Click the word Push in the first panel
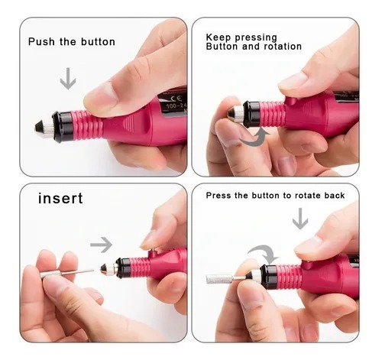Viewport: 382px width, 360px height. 41,42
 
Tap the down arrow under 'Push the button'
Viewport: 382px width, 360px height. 68,79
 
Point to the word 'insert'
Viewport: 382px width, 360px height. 60,198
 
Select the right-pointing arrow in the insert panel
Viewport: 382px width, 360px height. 102,245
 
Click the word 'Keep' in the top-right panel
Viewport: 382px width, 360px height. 219,37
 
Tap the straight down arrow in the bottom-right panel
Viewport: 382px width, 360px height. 300,219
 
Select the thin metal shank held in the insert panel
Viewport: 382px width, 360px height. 77,272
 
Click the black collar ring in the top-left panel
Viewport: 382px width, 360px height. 63,126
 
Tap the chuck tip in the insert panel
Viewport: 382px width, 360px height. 103,268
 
